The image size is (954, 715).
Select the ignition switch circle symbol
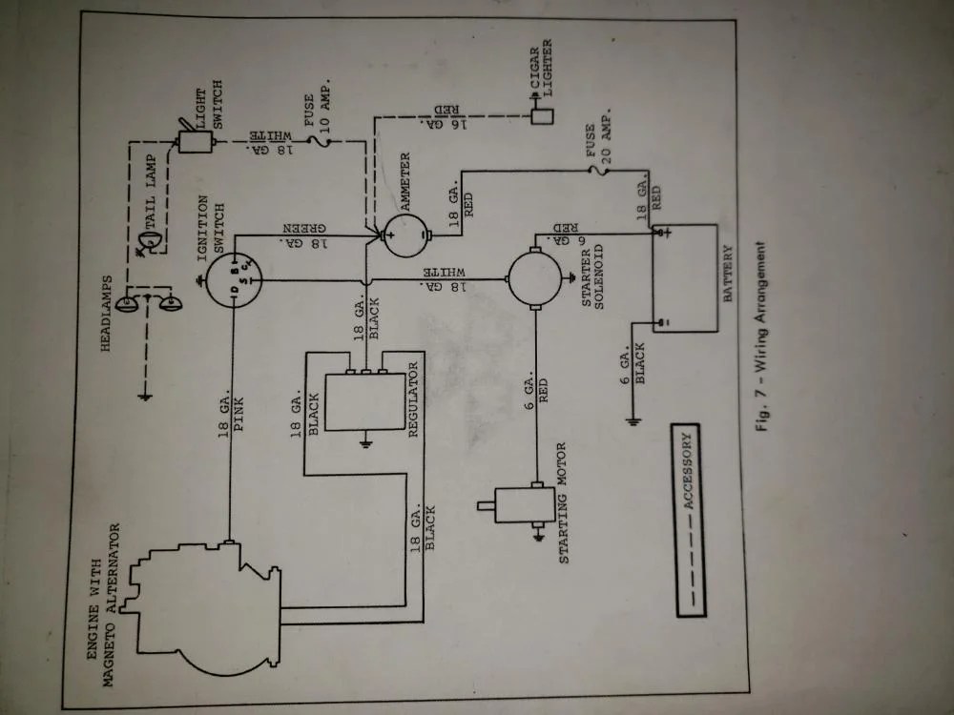tap(233, 278)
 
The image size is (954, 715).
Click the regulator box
tap(365, 400)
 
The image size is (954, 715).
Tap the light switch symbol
tap(195, 141)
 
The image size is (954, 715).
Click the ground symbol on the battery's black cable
tap(633, 419)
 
